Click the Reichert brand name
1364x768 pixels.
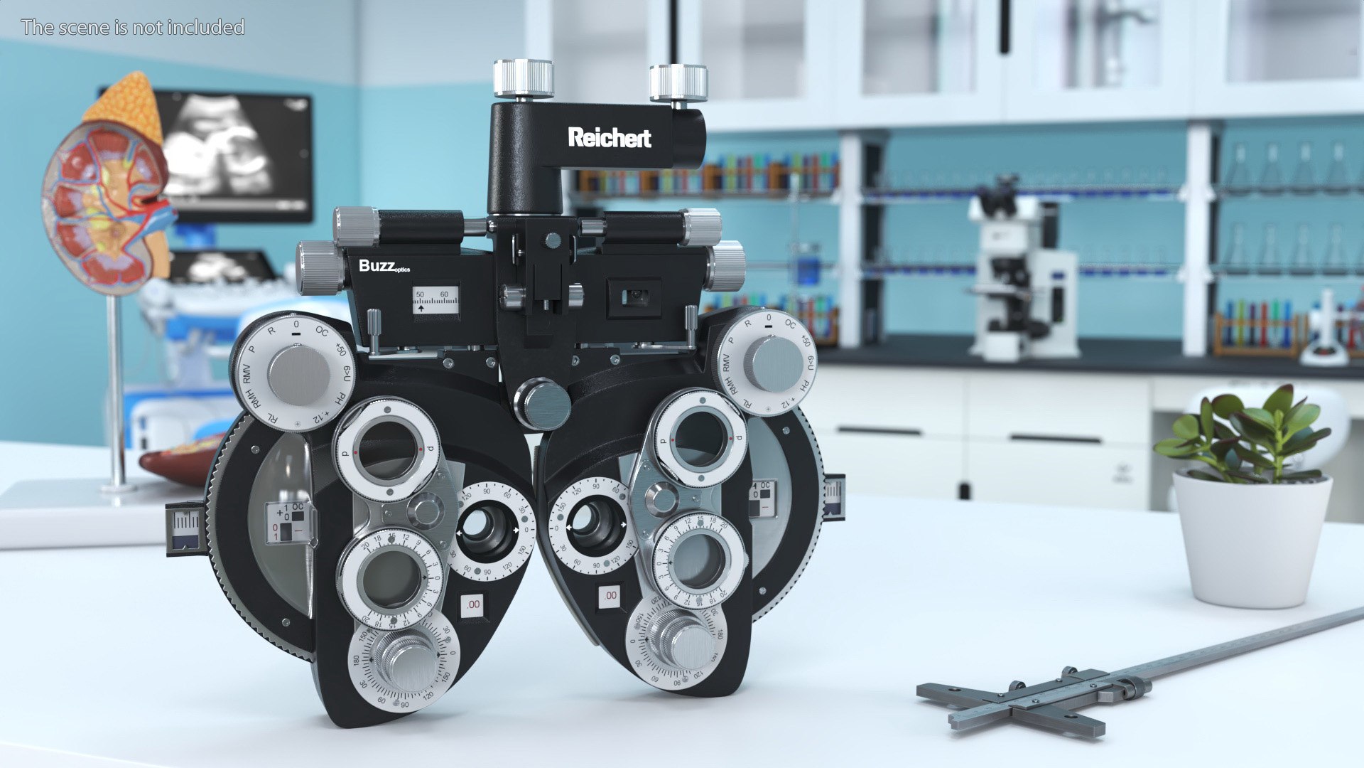(x=609, y=137)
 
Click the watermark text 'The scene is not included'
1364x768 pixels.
(x=133, y=27)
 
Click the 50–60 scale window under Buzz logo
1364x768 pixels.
(x=435, y=299)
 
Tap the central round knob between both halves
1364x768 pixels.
(x=543, y=404)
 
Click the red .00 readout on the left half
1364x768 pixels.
(x=472, y=605)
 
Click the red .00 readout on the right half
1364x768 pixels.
(x=610, y=595)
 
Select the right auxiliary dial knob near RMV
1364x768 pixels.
(x=773, y=363)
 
